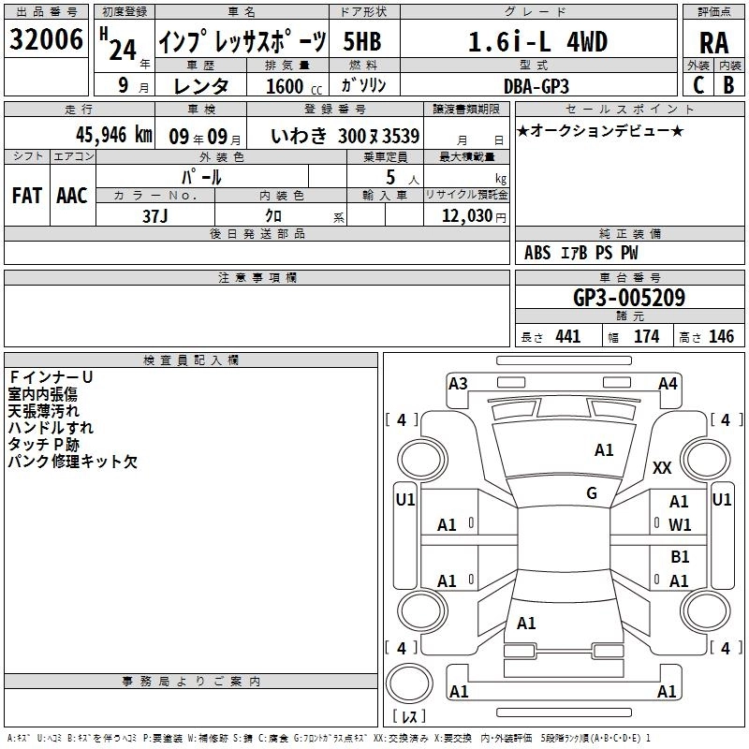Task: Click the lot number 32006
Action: [46, 39]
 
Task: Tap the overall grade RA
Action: [714, 43]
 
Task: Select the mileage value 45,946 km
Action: [113, 135]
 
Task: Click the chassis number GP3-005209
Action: [629, 298]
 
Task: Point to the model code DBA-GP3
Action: [536, 86]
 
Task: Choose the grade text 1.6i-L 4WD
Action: [537, 41]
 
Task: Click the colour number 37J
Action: [154, 216]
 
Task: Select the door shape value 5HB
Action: [362, 41]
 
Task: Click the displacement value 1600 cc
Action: [294, 86]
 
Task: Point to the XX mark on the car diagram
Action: [662, 467]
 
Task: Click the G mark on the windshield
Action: [592, 493]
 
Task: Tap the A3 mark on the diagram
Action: [458, 384]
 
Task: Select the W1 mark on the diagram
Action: [680, 525]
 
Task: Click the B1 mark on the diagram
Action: [680, 557]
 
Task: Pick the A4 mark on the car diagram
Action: [668, 384]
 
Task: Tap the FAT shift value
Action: [27, 196]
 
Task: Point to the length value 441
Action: [568, 337]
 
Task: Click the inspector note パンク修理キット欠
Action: [73, 462]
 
